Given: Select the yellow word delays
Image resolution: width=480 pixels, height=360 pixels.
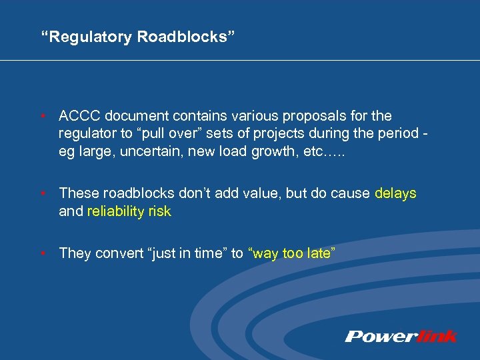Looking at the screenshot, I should point(395,193).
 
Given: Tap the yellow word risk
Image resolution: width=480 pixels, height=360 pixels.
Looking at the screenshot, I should point(159,211).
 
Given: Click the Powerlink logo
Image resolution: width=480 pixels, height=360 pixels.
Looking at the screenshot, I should point(401,336).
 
